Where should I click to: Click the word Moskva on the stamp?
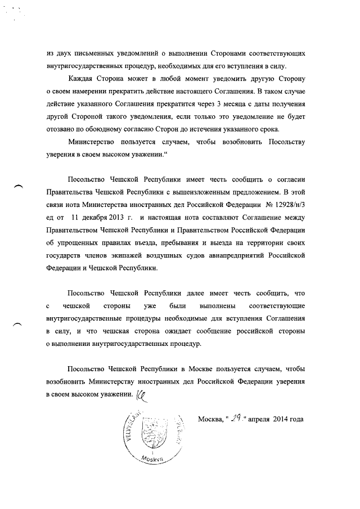pos(151,459)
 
